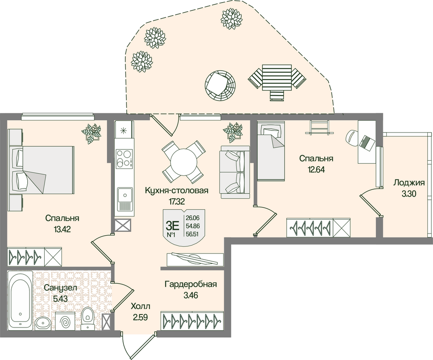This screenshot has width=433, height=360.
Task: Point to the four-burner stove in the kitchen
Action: click(x=124, y=158)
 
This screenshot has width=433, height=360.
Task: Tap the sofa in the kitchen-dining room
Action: click(x=235, y=172)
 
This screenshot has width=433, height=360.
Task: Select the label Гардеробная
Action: click(x=191, y=285)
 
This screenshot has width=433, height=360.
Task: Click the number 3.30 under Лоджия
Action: click(x=408, y=194)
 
